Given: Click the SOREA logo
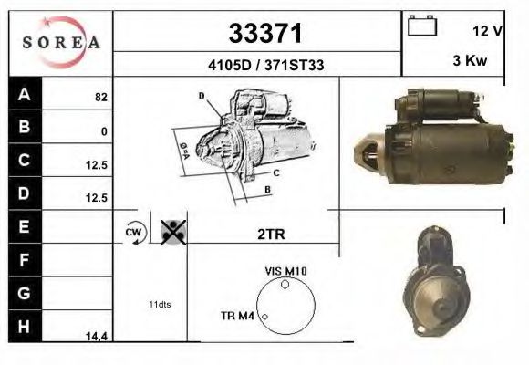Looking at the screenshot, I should (x=60, y=42).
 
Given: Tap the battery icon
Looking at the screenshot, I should (x=422, y=26).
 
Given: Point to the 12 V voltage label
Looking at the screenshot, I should (x=487, y=31).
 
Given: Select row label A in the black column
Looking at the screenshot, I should (x=25, y=94).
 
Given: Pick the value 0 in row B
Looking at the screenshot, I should (x=104, y=131).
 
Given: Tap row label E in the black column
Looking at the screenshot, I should (x=25, y=225).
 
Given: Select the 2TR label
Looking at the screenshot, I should (x=272, y=234).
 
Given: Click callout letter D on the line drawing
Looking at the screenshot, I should (x=201, y=95).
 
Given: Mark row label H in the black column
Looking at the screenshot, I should (x=25, y=325).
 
